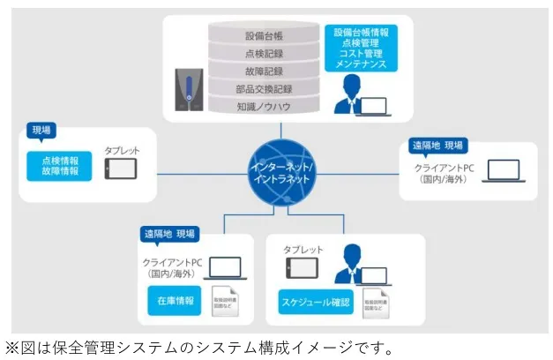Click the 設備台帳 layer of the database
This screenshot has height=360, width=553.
coord(264,36)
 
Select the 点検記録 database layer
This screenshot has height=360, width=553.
coord(264,54)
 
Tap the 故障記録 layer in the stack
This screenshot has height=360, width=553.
coord(264,71)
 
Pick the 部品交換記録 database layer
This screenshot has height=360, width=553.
coord(264,89)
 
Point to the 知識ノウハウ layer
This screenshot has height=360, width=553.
coord(264,107)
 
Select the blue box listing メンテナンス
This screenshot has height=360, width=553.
coord(362,48)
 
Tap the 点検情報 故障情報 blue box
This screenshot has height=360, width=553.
coord(60,166)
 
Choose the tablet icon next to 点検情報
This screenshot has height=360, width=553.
coord(121,168)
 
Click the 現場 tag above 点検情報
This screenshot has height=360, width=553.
coord(41,131)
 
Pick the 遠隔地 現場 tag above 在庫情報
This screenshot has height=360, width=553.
coord(170,235)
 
